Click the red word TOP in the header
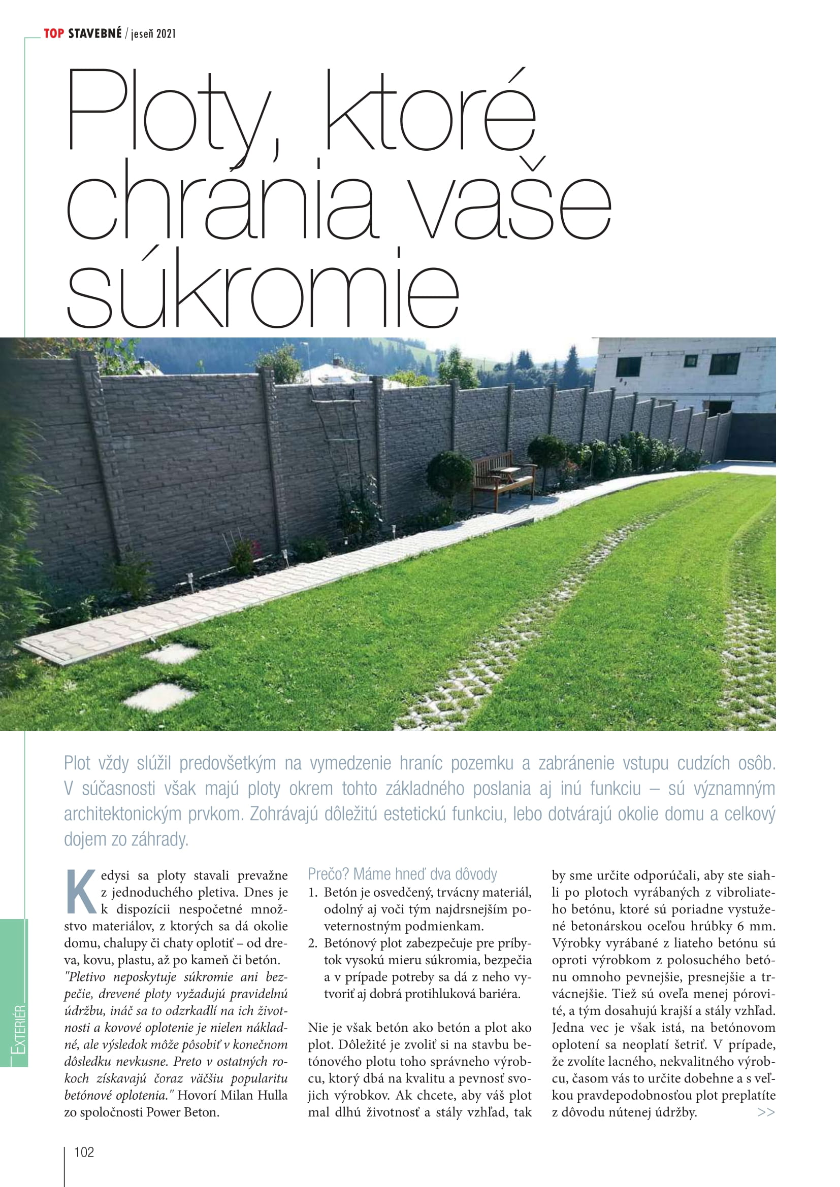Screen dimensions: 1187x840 tap(54, 33)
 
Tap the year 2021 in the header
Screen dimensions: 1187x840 tap(166, 34)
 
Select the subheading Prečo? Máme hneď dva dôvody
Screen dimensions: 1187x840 tap(402, 874)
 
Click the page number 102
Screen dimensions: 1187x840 tap(84, 1152)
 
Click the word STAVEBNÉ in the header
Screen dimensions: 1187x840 tap(94, 33)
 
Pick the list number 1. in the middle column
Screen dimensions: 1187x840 tap(312, 892)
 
